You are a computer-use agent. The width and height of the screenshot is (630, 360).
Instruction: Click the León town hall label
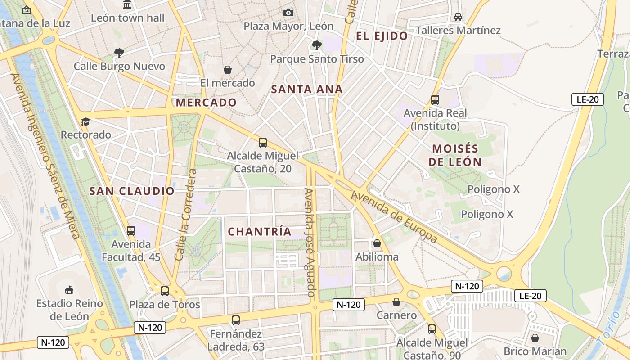[128, 18]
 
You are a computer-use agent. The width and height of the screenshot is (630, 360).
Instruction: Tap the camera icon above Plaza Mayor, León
[288, 13]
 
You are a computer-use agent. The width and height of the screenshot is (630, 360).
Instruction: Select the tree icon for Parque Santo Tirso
[317, 45]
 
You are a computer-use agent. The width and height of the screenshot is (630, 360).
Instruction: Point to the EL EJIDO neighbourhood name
[382, 36]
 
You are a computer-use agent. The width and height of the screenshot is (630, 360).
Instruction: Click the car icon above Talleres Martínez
[458, 17]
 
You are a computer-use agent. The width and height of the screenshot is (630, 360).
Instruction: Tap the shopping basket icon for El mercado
[228, 70]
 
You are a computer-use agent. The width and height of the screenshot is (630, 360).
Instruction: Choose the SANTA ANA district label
[307, 89]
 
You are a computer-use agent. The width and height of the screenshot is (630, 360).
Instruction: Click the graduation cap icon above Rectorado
[85, 121]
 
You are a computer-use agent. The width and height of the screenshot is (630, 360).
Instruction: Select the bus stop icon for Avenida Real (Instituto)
[435, 100]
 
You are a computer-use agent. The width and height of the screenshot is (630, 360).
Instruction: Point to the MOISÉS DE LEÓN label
[455, 155]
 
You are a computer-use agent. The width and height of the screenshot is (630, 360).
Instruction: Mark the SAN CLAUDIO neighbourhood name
[132, 191]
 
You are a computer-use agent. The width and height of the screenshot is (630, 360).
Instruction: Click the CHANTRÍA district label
[260, 232]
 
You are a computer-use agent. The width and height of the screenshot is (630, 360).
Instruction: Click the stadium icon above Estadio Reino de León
[69, 290]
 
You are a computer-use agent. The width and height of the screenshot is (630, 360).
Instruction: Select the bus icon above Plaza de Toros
[165, 291]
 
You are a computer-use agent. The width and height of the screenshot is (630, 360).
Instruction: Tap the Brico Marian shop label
[535, 351]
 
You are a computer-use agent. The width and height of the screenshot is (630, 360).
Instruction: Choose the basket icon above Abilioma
[377, 244]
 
